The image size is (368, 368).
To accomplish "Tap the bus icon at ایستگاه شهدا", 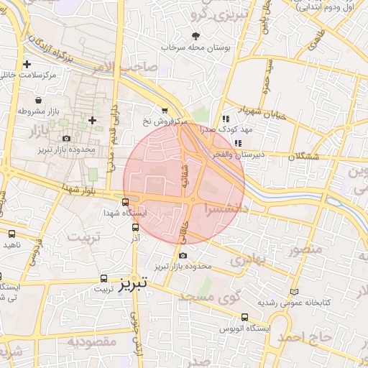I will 126,202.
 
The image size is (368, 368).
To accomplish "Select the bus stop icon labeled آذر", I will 135,227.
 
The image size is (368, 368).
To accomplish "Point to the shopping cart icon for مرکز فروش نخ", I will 165,111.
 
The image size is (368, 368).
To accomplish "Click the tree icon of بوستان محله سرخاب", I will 195,35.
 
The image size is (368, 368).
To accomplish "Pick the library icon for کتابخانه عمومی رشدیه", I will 293,292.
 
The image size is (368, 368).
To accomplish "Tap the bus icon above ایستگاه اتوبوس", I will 244,316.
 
